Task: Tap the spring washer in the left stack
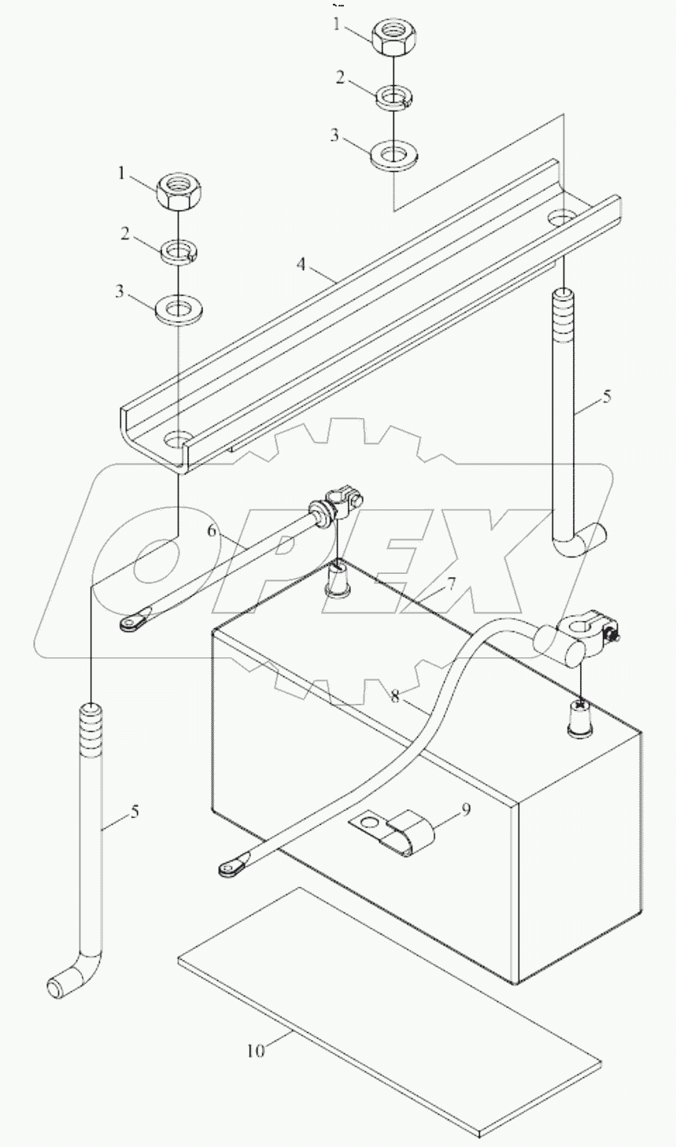pos(179,252)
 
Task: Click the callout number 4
pos(301,265)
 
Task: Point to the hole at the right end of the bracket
pos(560,216)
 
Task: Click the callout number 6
pos(211,531)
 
